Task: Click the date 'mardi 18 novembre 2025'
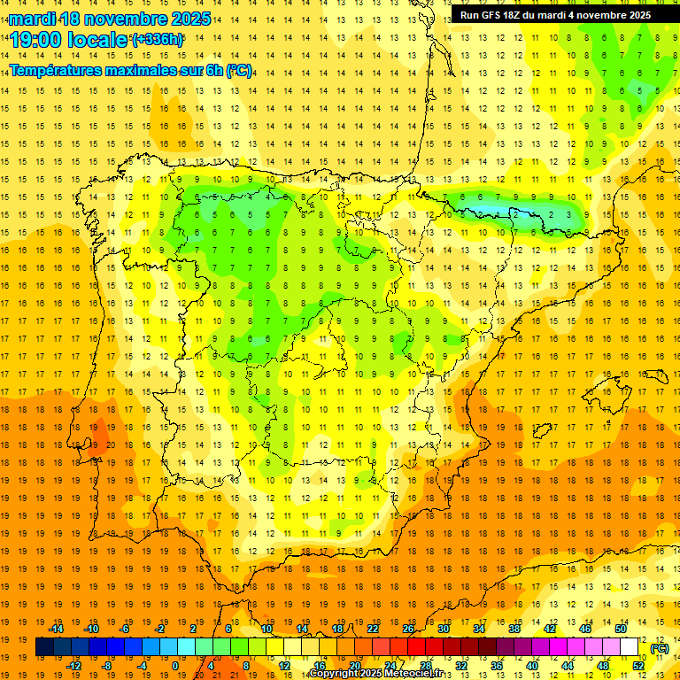pyautogui.click(x=112, y=19)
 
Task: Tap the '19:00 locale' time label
pyautogui.click(x=69, y=40)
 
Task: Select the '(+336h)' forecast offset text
pyautogui.click(x=158, y=40)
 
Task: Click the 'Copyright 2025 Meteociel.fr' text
pyautogui.click(x=390, y=674)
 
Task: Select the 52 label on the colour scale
pyautogui.click(x=638, y=666)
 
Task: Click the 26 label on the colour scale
pyautogui.click(x=408, y=629)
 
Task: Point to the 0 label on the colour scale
pyautogui.click(x=175, y=666)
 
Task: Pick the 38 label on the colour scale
pyautogui.click(x=514, y=629)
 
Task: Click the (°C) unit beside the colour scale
pyautogui.click(x=660, y=648)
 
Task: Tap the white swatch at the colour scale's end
pyautogui.click(x=630, y=647)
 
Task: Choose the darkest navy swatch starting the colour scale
pyautogui.click(x=44, y=647)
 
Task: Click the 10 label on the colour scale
pyautogui.click(x=267, y=629)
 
